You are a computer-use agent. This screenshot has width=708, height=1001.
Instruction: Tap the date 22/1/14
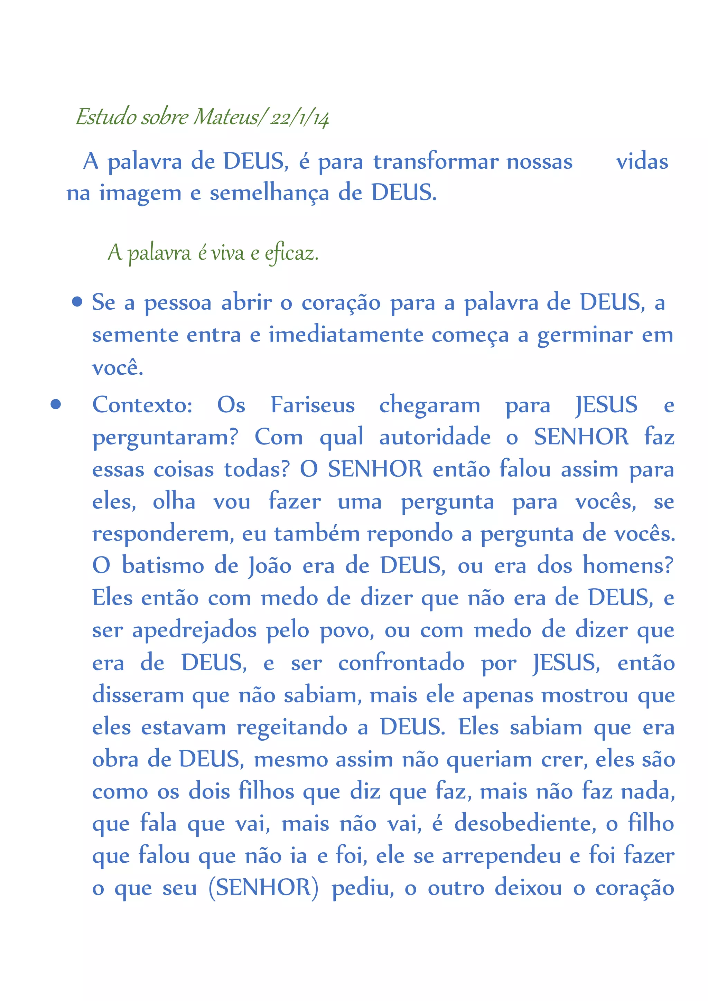click(x=299, y=118)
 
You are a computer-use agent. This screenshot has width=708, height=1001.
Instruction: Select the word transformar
click(x=436, y=161)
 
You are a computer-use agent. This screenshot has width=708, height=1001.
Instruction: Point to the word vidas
click(x=642, y=161)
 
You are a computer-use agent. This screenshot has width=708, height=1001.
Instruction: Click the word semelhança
click(x=269, y=193)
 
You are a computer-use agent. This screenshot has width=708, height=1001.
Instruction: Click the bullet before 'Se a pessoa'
click(x=77, y=302)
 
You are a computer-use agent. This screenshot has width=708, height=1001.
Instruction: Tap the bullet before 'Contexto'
click(x=55, y=404)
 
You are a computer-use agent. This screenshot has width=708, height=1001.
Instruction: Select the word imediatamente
click(x=345, y=335)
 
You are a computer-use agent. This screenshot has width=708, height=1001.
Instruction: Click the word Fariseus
click(x=313, y=405)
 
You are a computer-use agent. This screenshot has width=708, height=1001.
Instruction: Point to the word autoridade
click(x=435, y=437)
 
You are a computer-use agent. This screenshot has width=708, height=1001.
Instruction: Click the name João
click(x=270, y=566)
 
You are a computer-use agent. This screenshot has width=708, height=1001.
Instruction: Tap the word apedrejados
click(x=194, y=630)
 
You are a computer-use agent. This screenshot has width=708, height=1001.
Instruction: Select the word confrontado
click(x=401, y=663)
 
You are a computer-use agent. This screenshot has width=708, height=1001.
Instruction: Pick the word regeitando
click(x=292, y=728)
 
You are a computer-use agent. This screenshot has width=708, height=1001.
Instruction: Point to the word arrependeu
click(x=501, y=856)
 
